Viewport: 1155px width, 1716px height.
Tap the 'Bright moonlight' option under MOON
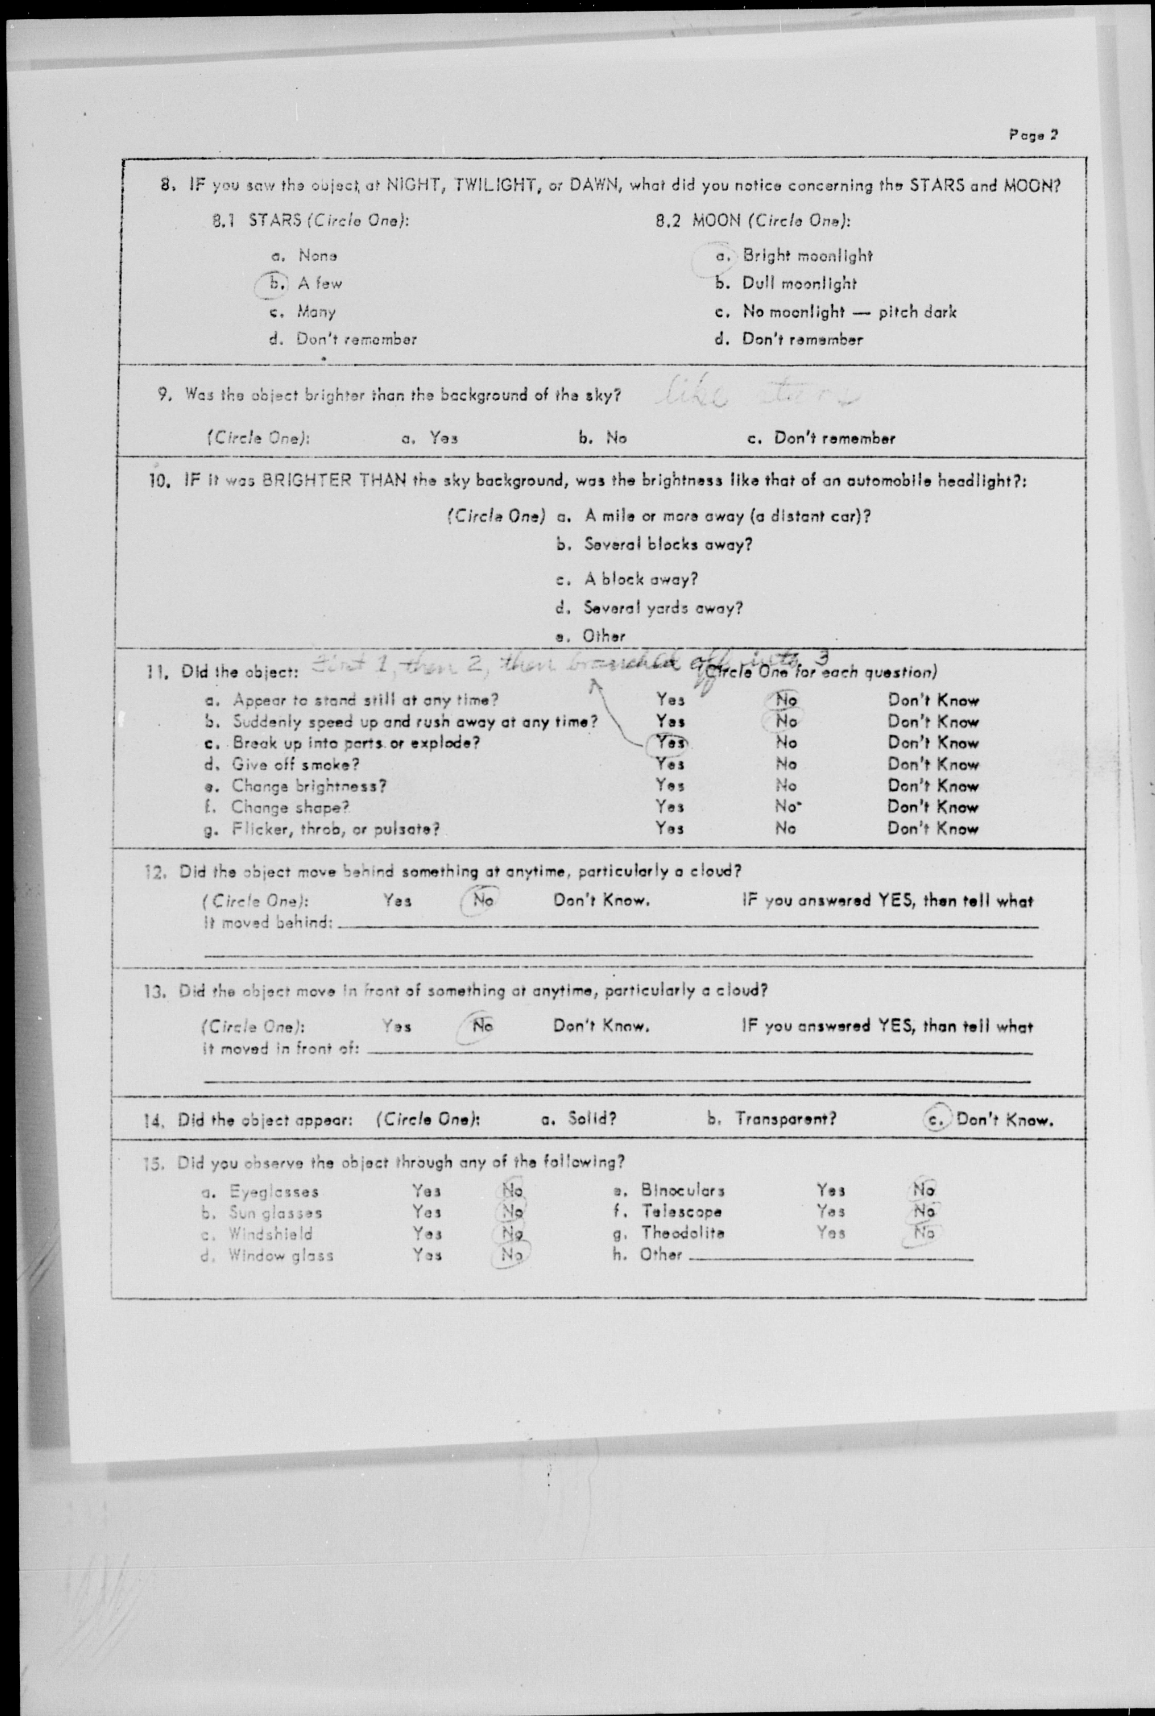pos(807,256)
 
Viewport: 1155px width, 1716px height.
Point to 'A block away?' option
pos(640,579)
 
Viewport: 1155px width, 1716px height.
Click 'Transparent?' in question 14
pos(785,1119)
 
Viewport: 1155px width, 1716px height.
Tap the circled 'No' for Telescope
pos(923,1210)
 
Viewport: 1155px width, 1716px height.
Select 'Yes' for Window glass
pos(426,1254)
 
